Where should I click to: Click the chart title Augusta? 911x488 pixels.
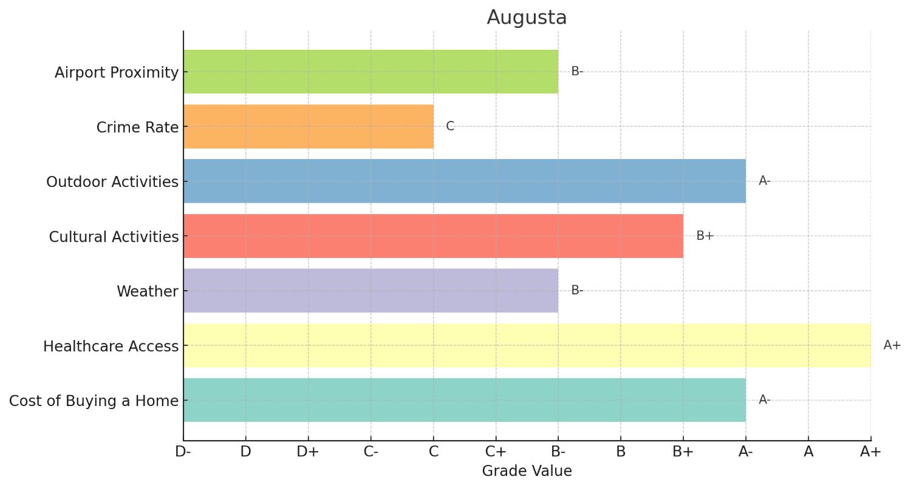pos(527,18)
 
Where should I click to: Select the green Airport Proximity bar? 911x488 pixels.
pos(370,72)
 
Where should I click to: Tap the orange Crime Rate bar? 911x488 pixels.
pos(309,126)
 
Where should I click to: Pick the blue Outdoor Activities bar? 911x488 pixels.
pos(465,181)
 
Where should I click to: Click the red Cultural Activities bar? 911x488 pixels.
pos(433,236)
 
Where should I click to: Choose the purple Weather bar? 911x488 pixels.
pos(370,291)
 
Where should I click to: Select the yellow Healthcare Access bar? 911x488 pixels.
pos(527,345)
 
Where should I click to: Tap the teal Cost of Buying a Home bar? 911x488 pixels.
pos(465,400)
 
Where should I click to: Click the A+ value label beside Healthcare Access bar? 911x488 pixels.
pos(892,345)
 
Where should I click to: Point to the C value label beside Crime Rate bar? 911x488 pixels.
pos(450,126)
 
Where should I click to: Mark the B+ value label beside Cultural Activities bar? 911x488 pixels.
pos(705,236)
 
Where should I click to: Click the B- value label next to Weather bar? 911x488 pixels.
pos(577,291)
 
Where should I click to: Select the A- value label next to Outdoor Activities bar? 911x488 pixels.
pos(764,181)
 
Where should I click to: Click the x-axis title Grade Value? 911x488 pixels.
pos(527,471)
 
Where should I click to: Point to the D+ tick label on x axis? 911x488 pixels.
pos(308,452)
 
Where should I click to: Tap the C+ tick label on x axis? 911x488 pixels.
pos(496,452)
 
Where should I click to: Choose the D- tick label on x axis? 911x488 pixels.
pos(183,452)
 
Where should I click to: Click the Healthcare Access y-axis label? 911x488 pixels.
pos(111,347)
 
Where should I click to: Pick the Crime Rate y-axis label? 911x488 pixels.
pos(137,127)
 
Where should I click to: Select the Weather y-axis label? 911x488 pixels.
pos(148,291)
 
